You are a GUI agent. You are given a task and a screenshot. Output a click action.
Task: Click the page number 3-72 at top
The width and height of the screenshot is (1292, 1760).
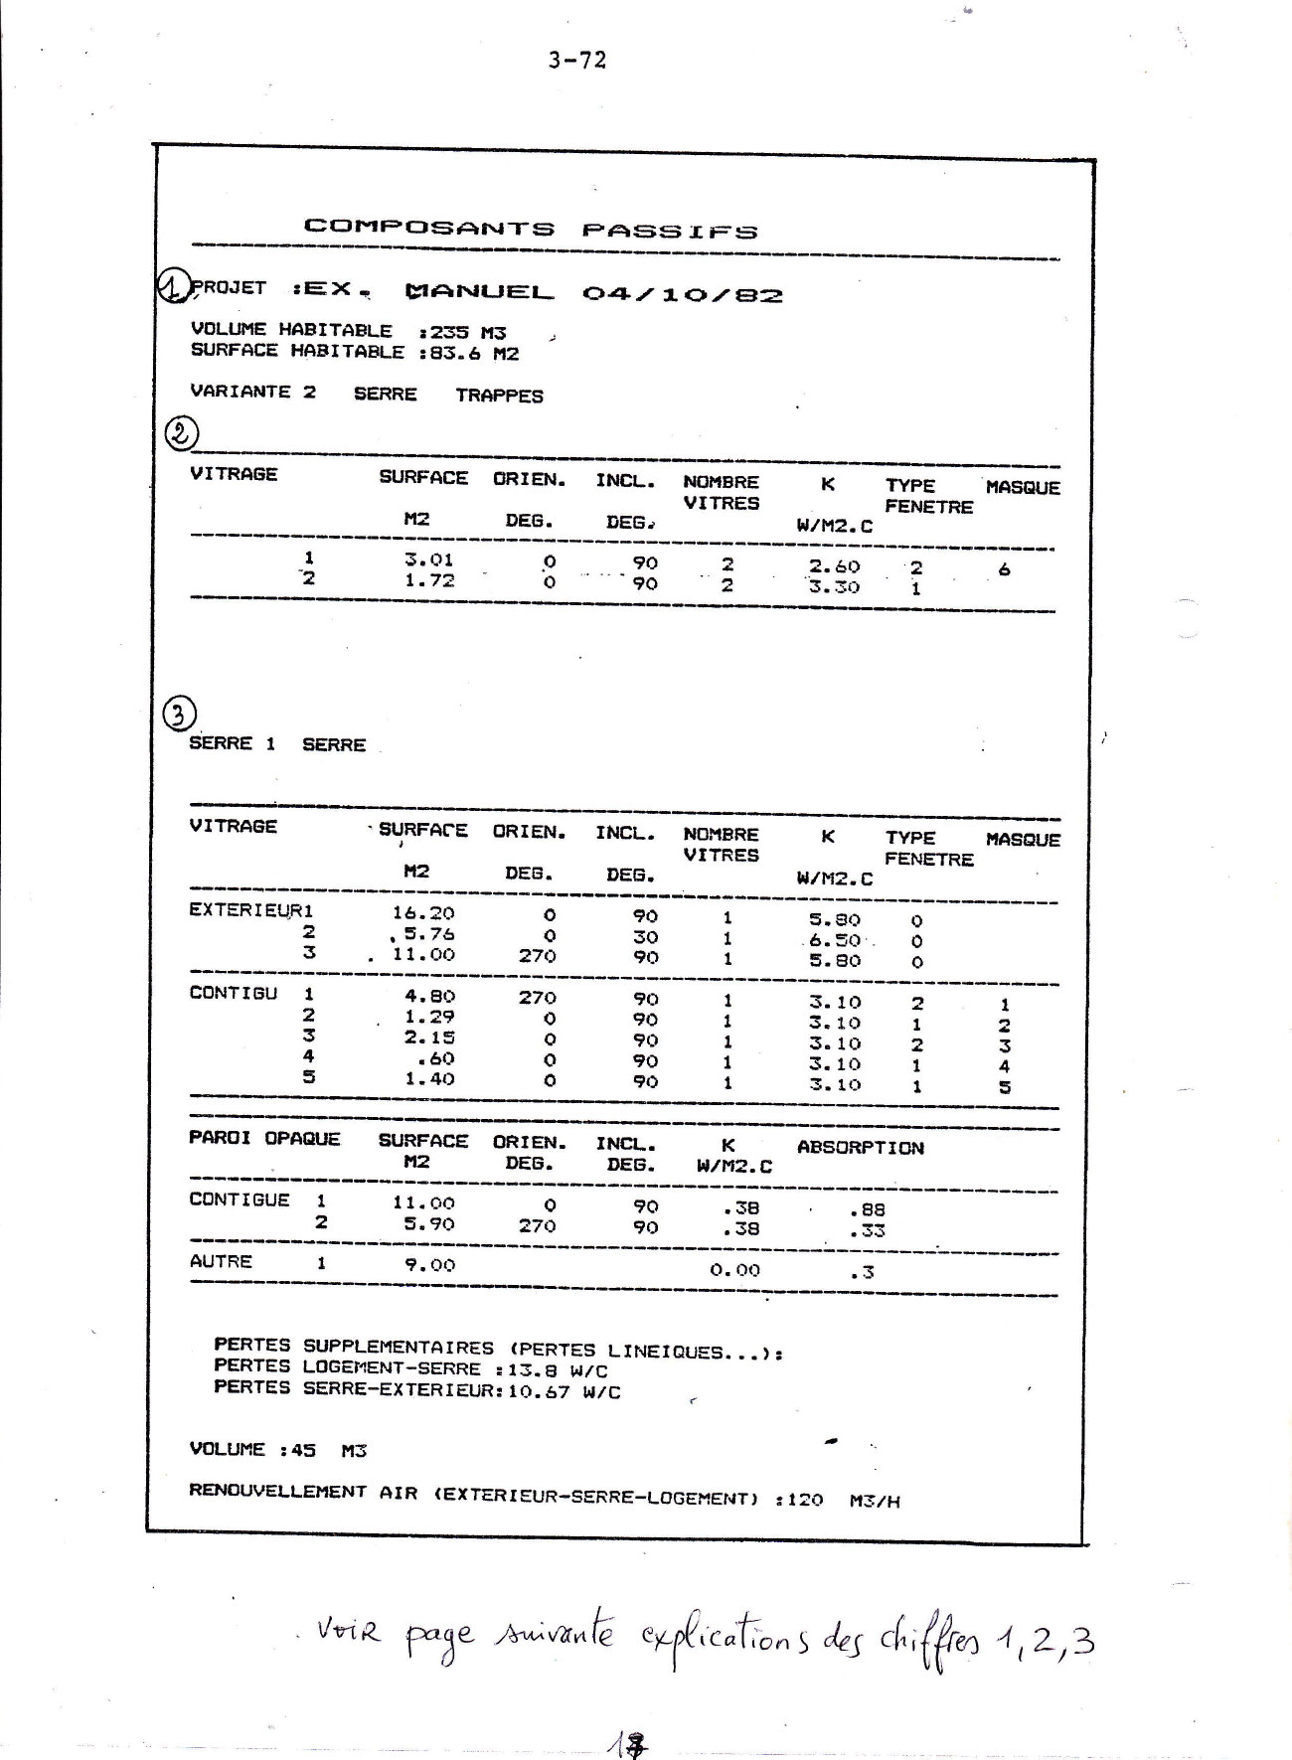[x=576, y=61]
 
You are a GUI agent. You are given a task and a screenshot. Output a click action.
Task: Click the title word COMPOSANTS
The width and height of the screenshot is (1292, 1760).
[x=428, y=228]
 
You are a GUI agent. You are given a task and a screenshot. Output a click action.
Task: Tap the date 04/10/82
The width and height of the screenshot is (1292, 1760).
[x=682, y=295]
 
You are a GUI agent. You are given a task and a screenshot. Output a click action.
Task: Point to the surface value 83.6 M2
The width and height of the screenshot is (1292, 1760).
[x=474, y=354]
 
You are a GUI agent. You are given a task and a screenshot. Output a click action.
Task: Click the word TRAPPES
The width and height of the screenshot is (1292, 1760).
[x=499, y=396]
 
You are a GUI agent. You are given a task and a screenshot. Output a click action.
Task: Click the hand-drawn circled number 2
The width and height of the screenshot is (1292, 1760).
[x=182, y=433]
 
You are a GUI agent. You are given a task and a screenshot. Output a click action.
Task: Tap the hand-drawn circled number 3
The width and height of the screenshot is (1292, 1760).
[x=179, y=714]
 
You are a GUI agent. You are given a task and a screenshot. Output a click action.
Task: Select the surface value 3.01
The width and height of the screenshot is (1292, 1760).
[x=428, y=560]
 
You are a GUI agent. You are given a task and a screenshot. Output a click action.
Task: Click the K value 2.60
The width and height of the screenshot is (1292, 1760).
[x=834, y=566]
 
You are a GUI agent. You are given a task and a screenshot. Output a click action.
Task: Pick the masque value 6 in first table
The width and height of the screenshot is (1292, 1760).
[x=1004, y=569]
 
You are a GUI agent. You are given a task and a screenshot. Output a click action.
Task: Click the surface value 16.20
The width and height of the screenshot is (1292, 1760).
[x=423, y=913]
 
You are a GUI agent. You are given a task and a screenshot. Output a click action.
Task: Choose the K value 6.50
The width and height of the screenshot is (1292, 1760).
[x=834, y=940]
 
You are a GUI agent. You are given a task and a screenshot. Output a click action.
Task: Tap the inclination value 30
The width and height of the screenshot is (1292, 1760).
[x=645, y=936]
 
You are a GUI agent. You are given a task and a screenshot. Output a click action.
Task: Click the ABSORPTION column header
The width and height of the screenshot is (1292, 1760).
[x=860, y=1148]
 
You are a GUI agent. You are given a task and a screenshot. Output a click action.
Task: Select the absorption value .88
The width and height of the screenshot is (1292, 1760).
[x=867, y=1210]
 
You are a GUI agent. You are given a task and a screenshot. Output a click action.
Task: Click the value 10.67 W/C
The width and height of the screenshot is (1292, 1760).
[x=564, y=1392]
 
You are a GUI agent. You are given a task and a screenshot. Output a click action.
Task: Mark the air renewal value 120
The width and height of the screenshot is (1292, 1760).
[x=804, y=1499]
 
